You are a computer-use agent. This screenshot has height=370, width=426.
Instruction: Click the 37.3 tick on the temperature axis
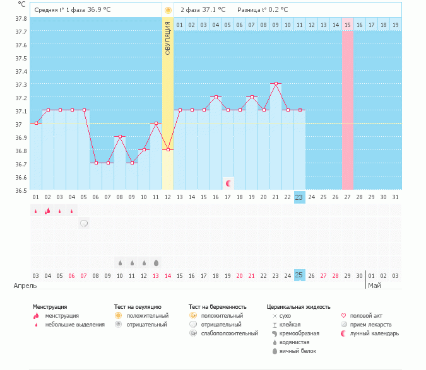click(21, 84)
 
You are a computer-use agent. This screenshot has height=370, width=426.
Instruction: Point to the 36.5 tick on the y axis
click(21, 190)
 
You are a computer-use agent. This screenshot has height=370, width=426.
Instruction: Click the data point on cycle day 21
click(276, 83)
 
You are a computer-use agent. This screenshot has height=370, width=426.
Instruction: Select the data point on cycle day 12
click(168, 149)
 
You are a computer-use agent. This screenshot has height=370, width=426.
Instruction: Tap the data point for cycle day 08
click(120, 136)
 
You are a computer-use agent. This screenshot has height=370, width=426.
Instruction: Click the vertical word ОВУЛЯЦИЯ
click(168, 38)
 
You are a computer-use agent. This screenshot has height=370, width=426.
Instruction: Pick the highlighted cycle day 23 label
click(299, 197)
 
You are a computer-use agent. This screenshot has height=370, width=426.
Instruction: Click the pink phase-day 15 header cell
click(347, 25)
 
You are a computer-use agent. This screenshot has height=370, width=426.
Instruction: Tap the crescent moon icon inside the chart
click(228, 183)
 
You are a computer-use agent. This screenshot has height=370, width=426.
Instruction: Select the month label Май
click(374, 286)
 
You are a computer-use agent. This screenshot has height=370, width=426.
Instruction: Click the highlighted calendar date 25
click(299, 275)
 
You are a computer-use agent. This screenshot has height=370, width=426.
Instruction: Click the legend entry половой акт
click(366, 316)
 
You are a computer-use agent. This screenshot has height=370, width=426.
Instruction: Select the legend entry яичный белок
click(300, 351)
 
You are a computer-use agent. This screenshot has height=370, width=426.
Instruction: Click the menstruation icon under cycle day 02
click(47, 211)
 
